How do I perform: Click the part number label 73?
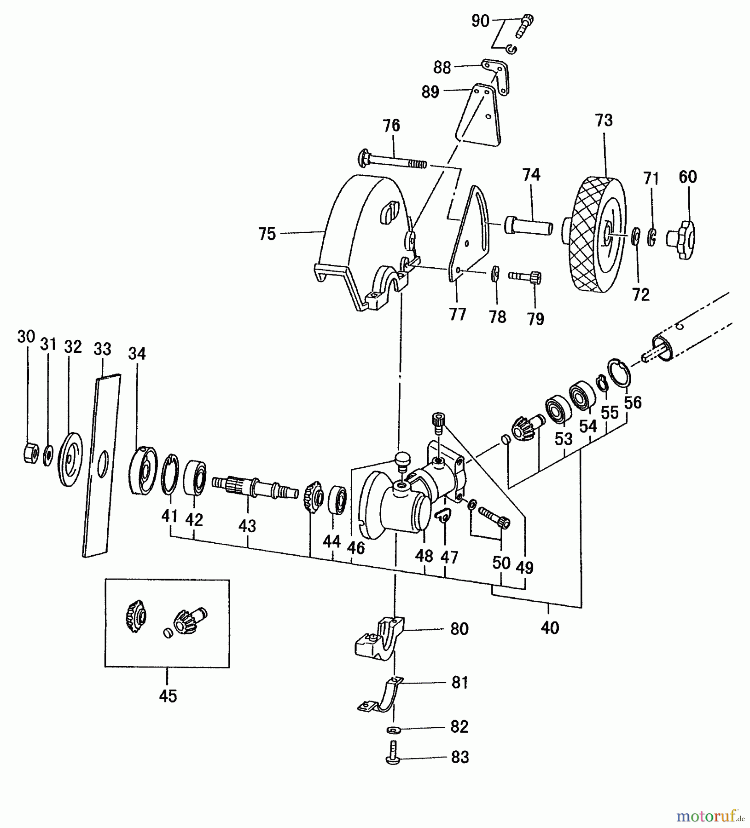604,121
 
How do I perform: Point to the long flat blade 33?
102,465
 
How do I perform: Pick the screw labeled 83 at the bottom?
392,757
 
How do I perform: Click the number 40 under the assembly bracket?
550,628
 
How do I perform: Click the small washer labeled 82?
393,730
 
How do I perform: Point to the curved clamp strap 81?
380,700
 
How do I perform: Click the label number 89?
430,92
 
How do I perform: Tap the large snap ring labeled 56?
618,372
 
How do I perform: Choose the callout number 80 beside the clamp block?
459,629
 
